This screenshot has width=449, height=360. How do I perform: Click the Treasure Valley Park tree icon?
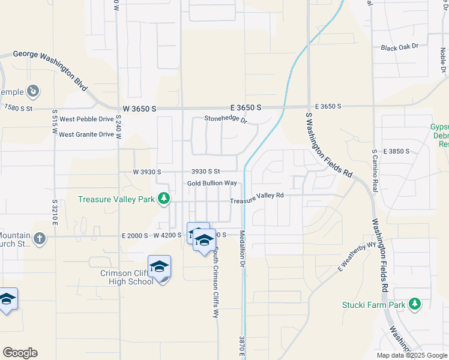tap(163, 199)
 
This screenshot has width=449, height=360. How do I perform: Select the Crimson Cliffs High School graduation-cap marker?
tap(159, 267)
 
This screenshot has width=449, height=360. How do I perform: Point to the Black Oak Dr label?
tap(399, 46)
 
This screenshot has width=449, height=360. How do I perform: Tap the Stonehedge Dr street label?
tap(226, 119)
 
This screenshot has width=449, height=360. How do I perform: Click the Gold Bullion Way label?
tap(211, 183)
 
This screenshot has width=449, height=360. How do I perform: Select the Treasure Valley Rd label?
tap(257, 197)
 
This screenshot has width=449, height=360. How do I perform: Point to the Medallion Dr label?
tap(243, 248)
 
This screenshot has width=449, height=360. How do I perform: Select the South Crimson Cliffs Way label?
tap(215, 282)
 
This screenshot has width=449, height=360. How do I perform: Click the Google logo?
tap(20, 353)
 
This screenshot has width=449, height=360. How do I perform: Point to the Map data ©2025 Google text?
tap(411, 355)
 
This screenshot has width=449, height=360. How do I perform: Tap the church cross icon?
tap(40, 238)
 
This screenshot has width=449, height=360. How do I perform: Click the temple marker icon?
tap(34, 92)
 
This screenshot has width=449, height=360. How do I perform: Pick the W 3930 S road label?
tap(147, 172)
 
